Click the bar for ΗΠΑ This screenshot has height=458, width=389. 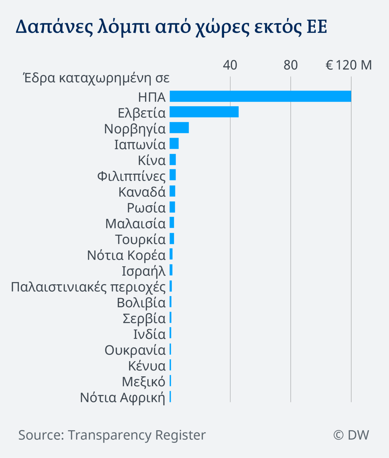coord(260,96)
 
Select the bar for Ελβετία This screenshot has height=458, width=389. coord(204,112)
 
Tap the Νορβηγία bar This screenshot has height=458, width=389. coord(179,128)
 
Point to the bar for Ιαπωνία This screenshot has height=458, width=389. coord(174,143)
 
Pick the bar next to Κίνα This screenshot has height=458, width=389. coord(173,160)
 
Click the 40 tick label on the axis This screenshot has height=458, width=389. coord(230,65)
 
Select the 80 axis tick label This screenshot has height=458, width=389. coord(290,65)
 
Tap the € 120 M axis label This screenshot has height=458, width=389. coord(348,65)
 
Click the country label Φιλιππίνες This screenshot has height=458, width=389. coord(131,176)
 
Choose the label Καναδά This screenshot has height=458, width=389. coord(142,192)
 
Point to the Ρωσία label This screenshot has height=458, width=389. coord(146,208)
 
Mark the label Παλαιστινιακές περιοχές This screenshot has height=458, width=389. coord(88,287)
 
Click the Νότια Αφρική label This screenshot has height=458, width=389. coord(123,397)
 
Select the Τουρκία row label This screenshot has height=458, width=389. coord(140,239)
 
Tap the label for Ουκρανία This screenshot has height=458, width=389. coord(135,350)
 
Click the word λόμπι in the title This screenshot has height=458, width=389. coord(124,27)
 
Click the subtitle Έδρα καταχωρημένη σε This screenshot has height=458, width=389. coord(97,78)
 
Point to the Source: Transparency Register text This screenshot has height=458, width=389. coord(112,435)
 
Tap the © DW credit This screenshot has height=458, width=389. coord(351,435)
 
